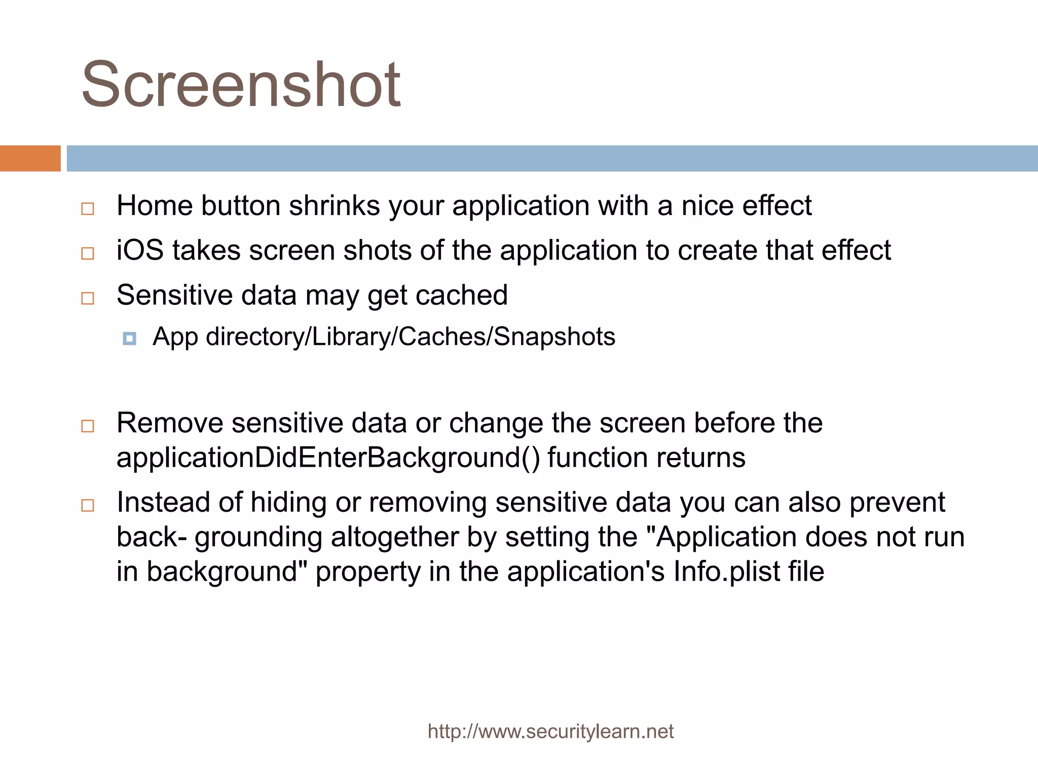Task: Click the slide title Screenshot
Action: pos(241,85)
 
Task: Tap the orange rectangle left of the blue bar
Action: pos(30,158)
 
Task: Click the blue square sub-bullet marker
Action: pos(130,338)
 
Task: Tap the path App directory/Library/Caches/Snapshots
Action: pos(384,337)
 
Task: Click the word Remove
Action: pos(170,423)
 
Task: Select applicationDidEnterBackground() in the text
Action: pos(328,458)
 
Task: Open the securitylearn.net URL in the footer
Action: pos(550,731)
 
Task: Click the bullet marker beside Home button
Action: pos(88,208)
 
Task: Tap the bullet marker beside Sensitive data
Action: pos(88,298)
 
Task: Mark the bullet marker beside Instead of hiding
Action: pos(88,505)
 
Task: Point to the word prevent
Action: pos(897,503)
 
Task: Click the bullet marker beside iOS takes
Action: pos(88,253)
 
